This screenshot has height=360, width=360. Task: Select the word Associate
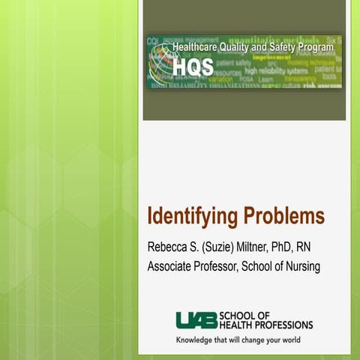(x=172, y=266)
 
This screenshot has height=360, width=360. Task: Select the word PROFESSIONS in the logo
(x=281, y=325)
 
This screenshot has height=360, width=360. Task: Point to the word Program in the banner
(x=315, y=46)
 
